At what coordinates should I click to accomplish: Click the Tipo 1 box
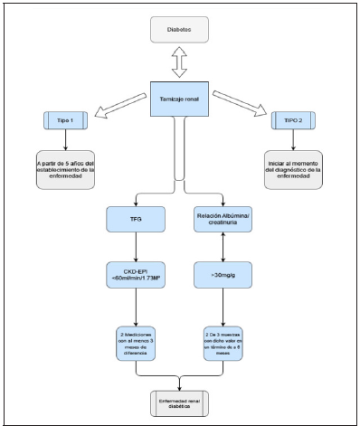66,120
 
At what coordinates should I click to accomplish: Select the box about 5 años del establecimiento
66,168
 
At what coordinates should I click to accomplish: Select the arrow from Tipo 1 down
66,139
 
